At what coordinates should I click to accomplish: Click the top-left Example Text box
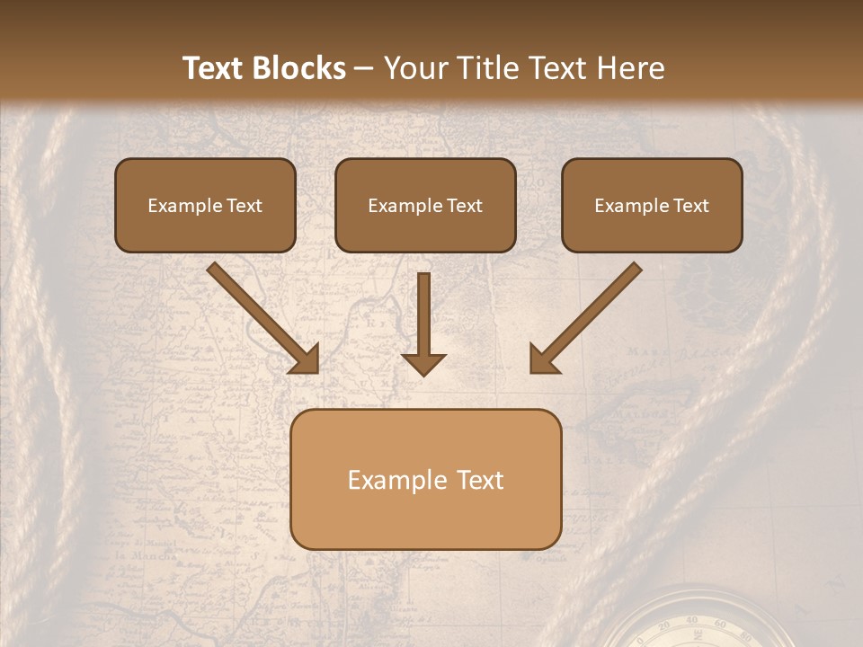[x=205, y=205]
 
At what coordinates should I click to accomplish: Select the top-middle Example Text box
[x=425, y=205]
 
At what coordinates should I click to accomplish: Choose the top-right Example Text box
[x=652, y=205]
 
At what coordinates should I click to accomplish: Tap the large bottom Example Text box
[x=426, y=479]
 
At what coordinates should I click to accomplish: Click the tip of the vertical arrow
[x=423, y=372]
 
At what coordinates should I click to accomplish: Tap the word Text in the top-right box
[x=690, y=206]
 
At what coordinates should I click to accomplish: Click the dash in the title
[x=364, y=69]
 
